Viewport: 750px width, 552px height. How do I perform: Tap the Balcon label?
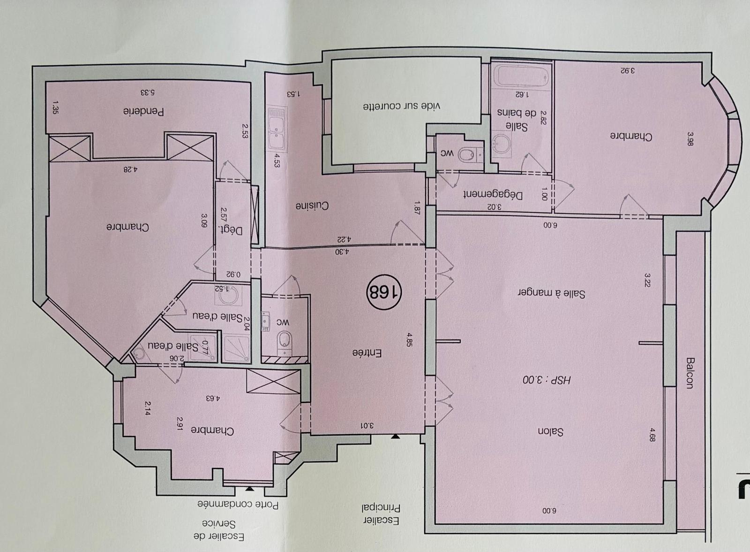coord(689,373)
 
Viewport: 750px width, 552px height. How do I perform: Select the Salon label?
coord(550,432)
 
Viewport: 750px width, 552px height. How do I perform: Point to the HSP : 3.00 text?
coord(547,380)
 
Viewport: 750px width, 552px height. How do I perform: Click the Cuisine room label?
coord(312,206)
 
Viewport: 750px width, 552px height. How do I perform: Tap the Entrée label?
coord(367,353)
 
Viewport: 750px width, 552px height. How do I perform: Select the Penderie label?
coord(143,111)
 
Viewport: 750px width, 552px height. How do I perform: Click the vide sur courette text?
coord(402,106)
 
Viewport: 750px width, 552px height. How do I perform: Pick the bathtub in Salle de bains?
coord(522,77)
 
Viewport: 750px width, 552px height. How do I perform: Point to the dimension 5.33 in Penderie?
coord(147,92)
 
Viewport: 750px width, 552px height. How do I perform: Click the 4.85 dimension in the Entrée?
coord(409,340)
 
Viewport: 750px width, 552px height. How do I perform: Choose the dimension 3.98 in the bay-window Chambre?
coord(690,139)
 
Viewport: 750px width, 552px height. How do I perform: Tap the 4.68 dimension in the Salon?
coord(652,434)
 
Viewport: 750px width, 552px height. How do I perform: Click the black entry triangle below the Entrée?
coord(396,437)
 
